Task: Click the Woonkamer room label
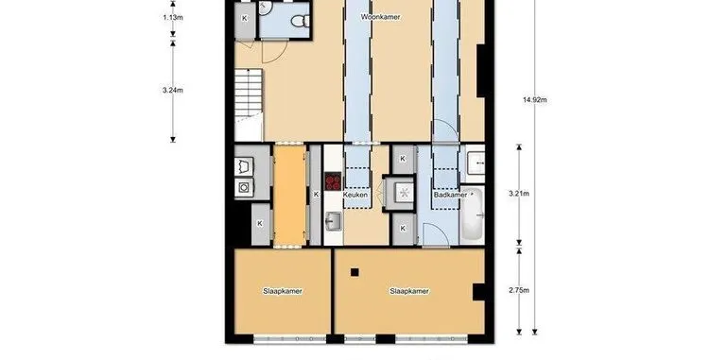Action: click(380, 17)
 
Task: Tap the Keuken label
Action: click(355, 195)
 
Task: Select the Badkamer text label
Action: click(450, 195)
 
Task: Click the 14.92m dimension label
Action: click(534, 100)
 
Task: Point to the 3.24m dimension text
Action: click(173, 90)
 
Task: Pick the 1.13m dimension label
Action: click(173, 18)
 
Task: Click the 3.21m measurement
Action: click(519, 194)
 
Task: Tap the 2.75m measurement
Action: click(519, 290)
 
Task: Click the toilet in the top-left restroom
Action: click(301, 21)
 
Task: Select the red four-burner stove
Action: click(334, 181)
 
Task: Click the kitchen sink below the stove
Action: click(334, 221)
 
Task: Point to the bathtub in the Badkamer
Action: click(472, 215)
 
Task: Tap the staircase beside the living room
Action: click(249, 104)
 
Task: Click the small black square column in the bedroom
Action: click(354, 272)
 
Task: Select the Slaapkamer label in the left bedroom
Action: click(283, 291)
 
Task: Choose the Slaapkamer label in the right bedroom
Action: click(409, 291)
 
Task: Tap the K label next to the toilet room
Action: click(245, 18)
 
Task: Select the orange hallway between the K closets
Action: click(290, 196)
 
